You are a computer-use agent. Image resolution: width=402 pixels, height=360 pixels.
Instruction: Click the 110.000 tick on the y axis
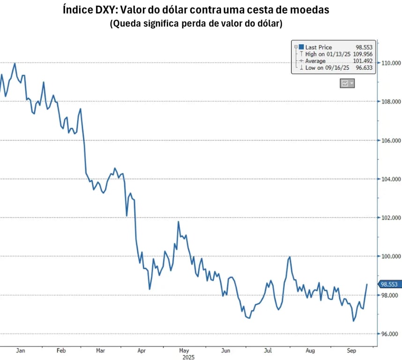tap(390, 63)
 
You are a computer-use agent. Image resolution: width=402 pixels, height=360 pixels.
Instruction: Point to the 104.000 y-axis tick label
tap(390, 179)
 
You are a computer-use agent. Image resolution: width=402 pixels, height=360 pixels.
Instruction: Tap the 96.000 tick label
tap(390, 334)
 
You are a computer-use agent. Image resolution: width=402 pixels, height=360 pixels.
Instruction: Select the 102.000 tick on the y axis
tap(390, 218)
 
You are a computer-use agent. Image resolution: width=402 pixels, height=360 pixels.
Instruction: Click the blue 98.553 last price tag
tap(389, 284)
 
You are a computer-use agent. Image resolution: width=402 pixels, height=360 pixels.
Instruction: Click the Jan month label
tap(20, 350)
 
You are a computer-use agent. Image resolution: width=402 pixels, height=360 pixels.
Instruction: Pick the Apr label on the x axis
tap(142, 350)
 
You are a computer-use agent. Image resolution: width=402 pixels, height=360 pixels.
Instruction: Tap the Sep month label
tap(351, 350)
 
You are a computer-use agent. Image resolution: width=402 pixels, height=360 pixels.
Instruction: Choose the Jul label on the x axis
tap(269, 350)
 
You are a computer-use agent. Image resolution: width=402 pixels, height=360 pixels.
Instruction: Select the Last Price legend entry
tap(318, 47)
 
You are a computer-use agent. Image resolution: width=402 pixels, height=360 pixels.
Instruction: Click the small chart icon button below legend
tap(347, 83)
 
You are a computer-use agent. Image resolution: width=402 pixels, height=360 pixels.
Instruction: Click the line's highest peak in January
tap(15, 63)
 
